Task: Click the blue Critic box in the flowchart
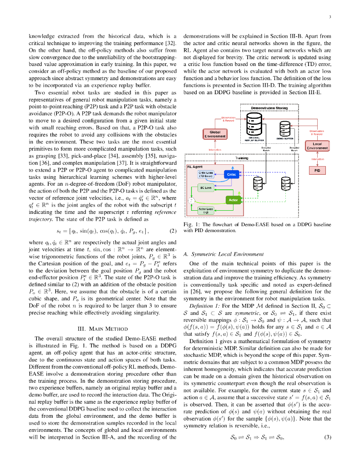tap(232, 174)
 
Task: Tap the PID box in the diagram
tap(317, 170)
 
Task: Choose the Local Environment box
tap(317, 146)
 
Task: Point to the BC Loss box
tap(206, 187)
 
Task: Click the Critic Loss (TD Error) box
tap(206, 174)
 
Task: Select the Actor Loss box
tap(206, 210)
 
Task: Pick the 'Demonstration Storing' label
tap(269, 108)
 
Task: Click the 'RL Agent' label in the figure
tap(195, 167)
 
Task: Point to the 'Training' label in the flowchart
tap(241, 158)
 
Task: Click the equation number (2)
tap(172, 231)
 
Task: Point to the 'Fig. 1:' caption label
tap(191, 225)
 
